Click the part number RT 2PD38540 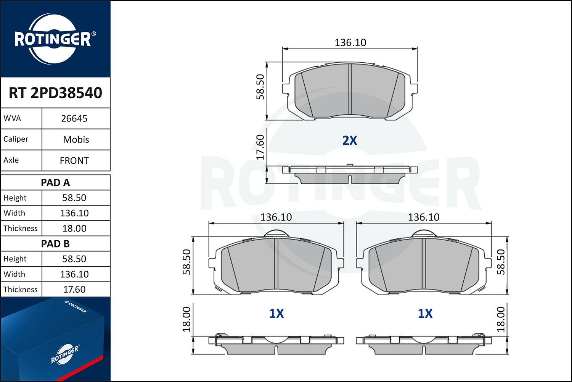(55, 92)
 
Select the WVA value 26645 (74, 118)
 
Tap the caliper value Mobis (76, 139)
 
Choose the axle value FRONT (74, 161)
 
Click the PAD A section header (55, 183)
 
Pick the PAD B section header (55, 244)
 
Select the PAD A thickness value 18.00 (74, 228)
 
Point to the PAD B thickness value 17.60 (74, 290)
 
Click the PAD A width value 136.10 (74, 213)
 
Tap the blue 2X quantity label (350, 141)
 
